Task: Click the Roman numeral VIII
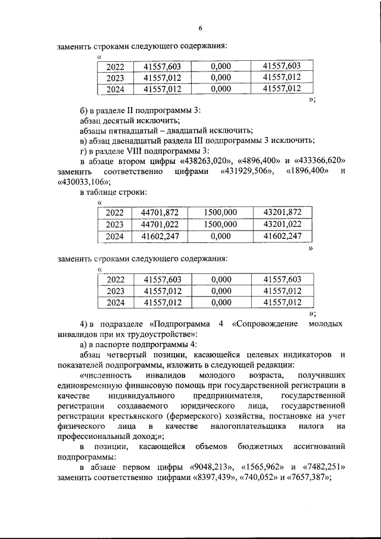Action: [x=140, y=151]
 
